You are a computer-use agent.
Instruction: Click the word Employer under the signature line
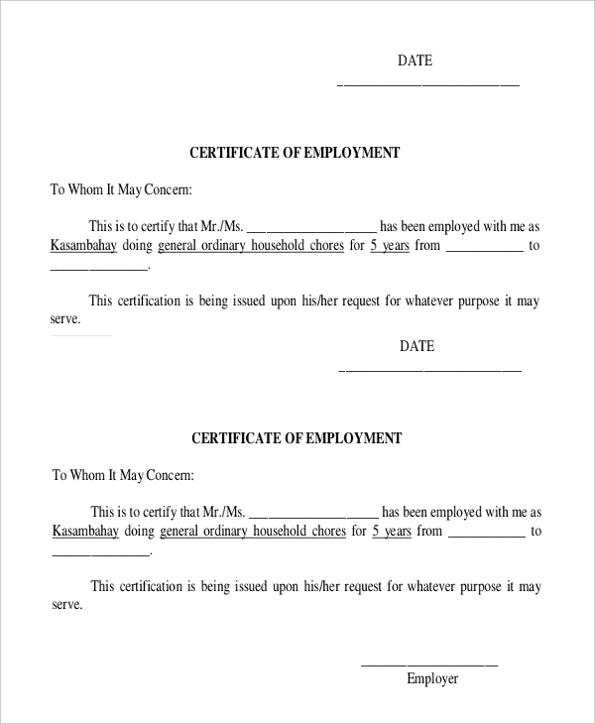[432, 679]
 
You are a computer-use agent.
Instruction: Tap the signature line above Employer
[428, 664]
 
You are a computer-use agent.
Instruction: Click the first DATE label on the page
[416, 61]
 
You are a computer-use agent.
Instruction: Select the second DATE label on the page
[416, 347]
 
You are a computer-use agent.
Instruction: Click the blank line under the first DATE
[428, 84]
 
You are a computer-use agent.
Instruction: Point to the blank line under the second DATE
[429, 370]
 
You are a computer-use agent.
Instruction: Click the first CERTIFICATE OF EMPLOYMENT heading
[295, 154]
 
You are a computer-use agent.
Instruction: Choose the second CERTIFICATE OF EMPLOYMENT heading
[296, 438]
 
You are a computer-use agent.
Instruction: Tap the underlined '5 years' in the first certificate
[389, 245]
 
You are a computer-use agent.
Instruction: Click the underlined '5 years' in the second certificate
[391, 531]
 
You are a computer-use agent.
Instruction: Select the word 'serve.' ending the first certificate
[65, 319]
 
